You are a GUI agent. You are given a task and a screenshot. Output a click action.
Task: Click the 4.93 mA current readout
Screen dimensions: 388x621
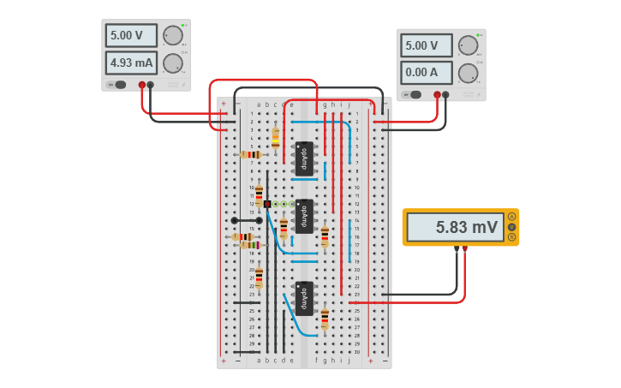pos(131,63)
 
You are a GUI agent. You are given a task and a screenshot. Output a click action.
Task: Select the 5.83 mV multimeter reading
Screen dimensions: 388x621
pos(455,227)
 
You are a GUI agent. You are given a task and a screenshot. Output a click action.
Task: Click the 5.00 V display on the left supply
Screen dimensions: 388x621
pos(131,35)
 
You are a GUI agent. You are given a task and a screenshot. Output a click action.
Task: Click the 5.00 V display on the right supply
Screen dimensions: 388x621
pos(426,45)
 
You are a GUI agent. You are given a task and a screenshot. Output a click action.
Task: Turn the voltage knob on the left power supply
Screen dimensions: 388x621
pos(172,35)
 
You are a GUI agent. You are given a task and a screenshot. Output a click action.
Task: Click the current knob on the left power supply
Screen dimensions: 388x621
pos(172,63)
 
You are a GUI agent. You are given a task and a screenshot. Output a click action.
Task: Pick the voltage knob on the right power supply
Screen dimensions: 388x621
pos(468,45)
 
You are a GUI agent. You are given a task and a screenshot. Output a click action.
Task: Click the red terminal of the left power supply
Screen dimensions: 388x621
pos(142,85)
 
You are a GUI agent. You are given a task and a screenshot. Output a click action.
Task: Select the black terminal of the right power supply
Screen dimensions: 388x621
pos(446,95)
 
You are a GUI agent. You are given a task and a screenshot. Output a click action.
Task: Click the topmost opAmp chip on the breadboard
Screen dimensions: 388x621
pos(303,158)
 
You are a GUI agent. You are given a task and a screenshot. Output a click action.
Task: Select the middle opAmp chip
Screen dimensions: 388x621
pos(303,216)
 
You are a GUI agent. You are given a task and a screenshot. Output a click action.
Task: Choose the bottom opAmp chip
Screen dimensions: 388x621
pos(303,298)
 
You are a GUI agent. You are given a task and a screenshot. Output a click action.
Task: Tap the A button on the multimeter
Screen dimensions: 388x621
pos(512,217)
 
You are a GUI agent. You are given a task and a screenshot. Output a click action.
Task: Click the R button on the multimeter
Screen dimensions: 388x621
pos(512,237)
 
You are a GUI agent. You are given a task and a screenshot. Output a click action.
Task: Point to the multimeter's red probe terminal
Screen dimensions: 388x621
pos(464,249)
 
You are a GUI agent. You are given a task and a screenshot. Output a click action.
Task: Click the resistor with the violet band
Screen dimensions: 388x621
pos(248,245)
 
